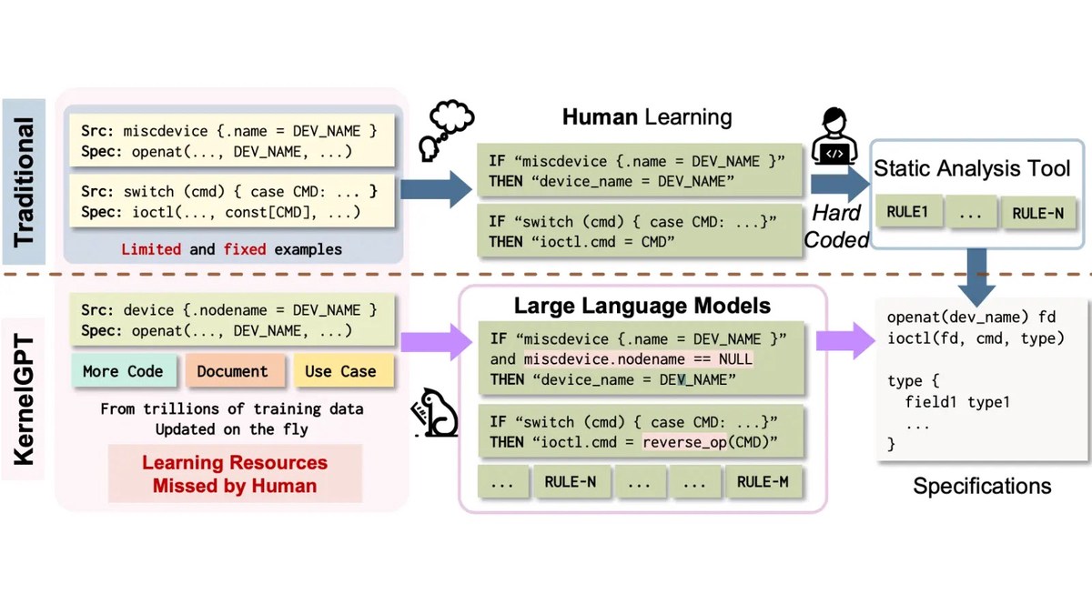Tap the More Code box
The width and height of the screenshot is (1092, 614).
tap(123, 370)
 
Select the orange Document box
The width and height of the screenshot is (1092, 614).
tap(233, 370)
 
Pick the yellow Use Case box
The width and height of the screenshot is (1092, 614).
tap(340, 370)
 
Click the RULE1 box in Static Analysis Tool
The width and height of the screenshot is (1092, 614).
tap(907, 213)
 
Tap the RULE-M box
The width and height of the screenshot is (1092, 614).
tap(763, 482)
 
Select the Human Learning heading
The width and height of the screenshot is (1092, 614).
tap(646, 116)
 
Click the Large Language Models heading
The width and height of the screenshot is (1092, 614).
tap(642, 306)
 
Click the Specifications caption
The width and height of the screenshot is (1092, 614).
tap(982, 486)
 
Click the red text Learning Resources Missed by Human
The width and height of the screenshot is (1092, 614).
tap(235, 473)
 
